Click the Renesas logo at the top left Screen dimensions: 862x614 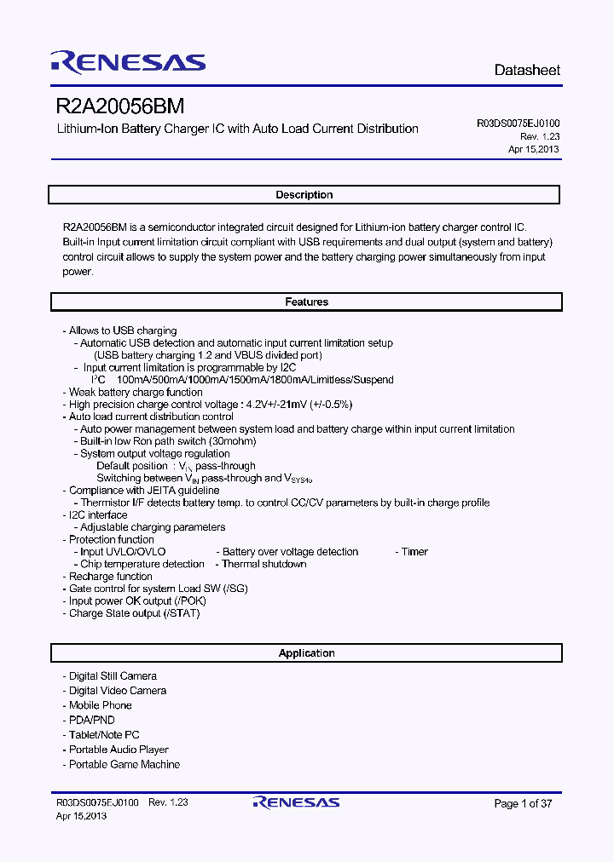pos(128,62)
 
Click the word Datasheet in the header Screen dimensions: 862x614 pos(527,70)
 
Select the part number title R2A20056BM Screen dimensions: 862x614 pos(119,107)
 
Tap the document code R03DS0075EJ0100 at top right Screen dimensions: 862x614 pos(518,124)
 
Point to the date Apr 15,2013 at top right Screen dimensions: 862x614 pos(534,149)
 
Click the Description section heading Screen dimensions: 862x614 pos(304,195)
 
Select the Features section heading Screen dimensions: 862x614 pos(306,302)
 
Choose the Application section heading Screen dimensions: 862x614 pos(306,653)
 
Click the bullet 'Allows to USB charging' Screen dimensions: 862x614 pos(122,330)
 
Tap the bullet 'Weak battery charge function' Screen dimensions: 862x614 pos(135,393)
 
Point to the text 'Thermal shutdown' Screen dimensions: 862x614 pos(264,564)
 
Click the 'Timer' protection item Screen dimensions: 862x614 pos(414,552)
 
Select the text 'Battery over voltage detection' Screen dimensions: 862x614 pos(290,552)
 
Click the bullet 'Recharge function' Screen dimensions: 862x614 pos(110,577)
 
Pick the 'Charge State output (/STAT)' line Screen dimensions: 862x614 pos(134,613)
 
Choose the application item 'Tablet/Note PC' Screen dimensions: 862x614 pos(103,735)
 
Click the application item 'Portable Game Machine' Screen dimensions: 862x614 pos(124,765)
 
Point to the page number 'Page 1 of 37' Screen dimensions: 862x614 pos(523,803)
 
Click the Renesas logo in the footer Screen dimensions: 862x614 pos(296,802)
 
